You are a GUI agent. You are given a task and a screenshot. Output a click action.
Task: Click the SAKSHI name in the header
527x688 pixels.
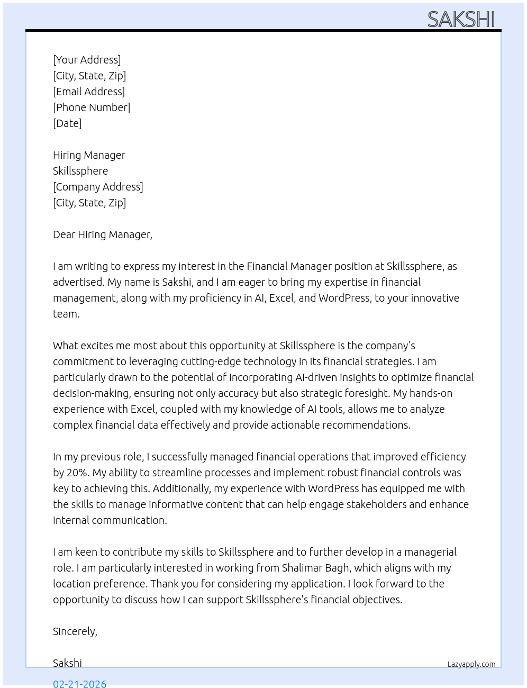pyautogui.click(x=461, y=20)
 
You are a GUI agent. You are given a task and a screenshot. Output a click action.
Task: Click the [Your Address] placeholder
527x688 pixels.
pyautogui.click(x=87, y=60)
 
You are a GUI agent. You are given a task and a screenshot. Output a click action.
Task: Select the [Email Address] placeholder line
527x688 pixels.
pyautogui.click(x=89, y=92)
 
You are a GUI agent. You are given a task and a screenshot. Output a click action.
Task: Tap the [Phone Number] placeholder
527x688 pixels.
pyautogui.click(x=92, y=107)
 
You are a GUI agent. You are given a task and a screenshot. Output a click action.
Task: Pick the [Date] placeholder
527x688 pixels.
pyautogui.click(x=67, y=123)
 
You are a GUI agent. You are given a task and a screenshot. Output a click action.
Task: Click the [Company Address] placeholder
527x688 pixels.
pyautogui.click(x=98, y=187)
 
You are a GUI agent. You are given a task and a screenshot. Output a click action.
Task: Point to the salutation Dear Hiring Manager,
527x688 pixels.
pyautogui.click(x=103, y=234)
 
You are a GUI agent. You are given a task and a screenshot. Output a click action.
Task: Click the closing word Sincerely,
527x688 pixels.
pyautogui.click(x=75, y=631)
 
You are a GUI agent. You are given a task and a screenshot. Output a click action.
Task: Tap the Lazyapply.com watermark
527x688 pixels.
pyautogui.click(x=471, y=664)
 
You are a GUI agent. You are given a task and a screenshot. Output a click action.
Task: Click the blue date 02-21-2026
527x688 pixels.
pyautogui.click(x=80, y=684)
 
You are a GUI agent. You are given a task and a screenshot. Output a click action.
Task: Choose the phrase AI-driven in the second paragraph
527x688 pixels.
pyautogui.click(x=316, y=377)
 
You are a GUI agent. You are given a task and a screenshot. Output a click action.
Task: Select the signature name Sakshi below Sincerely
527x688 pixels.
pyautogui.click(x=67, y=663)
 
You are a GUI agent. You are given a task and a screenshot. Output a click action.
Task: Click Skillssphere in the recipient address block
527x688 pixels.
pyautogui.click(x=80, y=171)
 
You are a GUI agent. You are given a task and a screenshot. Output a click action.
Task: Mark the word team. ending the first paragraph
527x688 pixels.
pyautogui.click(x=66, y=314)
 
